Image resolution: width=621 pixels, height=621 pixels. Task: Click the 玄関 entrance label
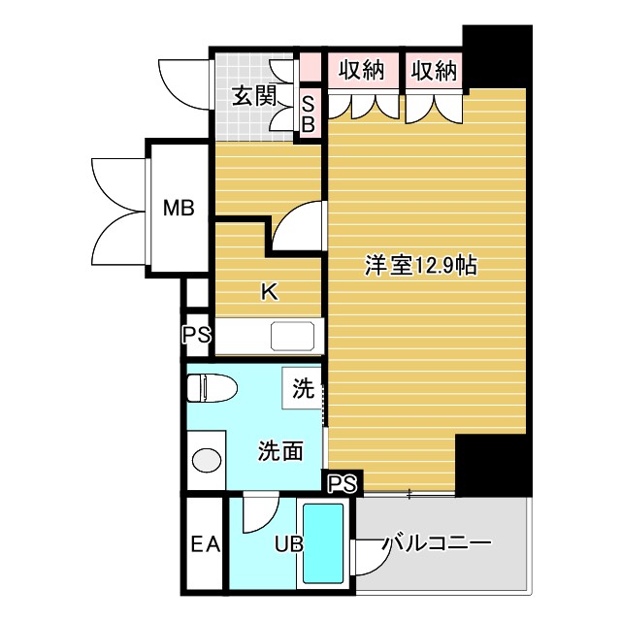tap(254, 95)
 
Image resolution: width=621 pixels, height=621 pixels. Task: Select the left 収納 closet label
tap(361, 70)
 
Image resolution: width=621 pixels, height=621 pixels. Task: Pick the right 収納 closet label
tap(433, 70)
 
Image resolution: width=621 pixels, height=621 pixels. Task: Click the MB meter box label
tap(178, 208)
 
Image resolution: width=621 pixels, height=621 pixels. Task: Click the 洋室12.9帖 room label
tap(420, 265)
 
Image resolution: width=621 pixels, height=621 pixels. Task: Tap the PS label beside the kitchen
tap(195, 336)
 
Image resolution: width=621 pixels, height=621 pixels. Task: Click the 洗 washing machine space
tap(303, 391)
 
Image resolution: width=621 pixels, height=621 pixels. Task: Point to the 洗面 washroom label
tap(280, 449)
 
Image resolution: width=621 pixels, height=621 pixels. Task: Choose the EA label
tap(204, 544)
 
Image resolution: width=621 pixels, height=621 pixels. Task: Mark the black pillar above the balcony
tap(490, 465)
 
